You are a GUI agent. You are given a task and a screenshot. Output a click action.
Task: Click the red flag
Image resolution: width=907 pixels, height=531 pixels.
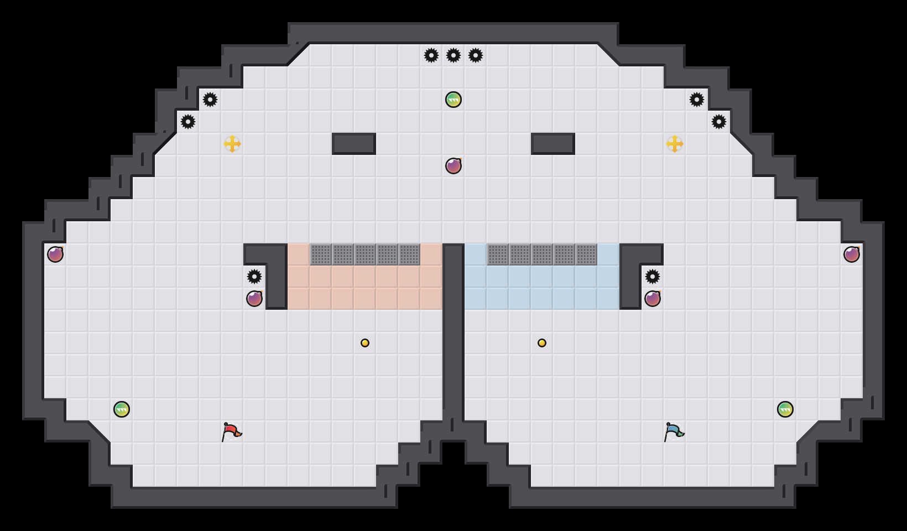[x=231, y=431]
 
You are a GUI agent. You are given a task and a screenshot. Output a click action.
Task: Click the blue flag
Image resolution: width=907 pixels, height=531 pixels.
[x=674, y=431]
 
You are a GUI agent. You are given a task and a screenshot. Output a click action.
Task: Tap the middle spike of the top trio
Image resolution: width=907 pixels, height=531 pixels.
[x=454, y=55]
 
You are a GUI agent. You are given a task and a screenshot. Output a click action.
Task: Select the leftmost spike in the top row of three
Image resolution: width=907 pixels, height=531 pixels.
[x=431, y=55]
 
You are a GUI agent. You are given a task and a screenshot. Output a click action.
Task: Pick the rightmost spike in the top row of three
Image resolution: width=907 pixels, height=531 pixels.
[x=476, y=55]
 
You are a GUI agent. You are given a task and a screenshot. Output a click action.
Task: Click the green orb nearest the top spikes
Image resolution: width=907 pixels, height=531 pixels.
[x=454, y=100]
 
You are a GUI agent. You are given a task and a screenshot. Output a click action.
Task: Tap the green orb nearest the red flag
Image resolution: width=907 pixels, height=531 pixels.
[x=122, y=409]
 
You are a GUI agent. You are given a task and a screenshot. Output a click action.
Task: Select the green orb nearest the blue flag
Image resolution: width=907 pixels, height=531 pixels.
[x=785, y=409]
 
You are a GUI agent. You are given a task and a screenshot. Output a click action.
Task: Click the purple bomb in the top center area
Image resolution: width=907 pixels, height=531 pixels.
[x=454, y=166]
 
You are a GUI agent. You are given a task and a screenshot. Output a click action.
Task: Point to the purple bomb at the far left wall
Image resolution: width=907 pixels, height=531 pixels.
[x=55, y=254]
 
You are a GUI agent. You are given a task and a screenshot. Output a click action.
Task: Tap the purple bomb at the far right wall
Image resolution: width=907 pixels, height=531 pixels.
[x=852, y=254]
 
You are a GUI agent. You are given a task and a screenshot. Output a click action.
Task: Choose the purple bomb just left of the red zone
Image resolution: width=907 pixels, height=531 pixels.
[x=254, y=299]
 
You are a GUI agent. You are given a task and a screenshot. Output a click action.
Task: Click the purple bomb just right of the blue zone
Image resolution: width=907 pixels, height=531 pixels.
[x=653, y=299]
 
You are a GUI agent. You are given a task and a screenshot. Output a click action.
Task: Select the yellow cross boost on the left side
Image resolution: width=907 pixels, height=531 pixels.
[x=232, y=144]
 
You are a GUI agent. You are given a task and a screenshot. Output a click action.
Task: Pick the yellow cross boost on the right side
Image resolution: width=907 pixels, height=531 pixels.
[x=675, y=144]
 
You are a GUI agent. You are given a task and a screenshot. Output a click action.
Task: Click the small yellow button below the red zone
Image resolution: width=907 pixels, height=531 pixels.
[x=365, y=343]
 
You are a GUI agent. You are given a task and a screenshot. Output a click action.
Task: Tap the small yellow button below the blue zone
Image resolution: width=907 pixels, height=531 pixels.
[x=542, y=343]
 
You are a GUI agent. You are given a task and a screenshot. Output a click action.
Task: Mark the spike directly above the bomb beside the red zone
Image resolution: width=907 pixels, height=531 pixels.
[x=254, y=277]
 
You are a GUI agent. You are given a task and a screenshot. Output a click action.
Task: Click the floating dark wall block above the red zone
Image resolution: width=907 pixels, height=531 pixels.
[x=354, y=144]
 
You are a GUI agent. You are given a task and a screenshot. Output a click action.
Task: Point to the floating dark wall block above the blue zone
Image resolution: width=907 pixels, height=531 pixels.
[x=553, y=144]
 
